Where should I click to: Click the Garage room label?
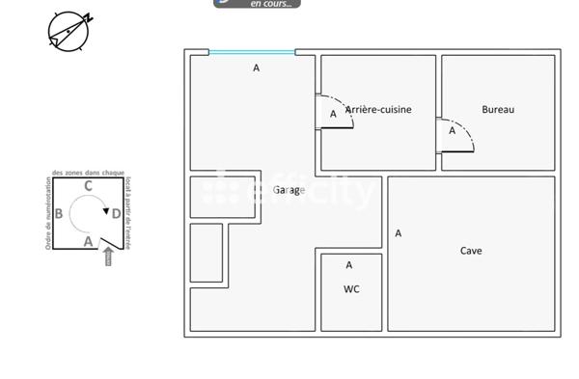289,190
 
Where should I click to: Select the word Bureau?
498,110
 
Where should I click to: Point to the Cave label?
471,251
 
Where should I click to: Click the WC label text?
351,289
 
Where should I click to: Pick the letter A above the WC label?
349,265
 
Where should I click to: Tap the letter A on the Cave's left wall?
399,233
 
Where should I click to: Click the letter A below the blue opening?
256,68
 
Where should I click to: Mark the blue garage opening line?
252,52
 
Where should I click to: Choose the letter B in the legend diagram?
59,214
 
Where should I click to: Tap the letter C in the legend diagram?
88,186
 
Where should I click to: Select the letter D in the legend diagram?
116,214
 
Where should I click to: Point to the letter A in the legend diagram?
88,241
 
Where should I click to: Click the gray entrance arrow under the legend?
108,257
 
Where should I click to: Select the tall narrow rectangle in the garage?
207,253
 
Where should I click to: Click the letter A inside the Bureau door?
452,131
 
